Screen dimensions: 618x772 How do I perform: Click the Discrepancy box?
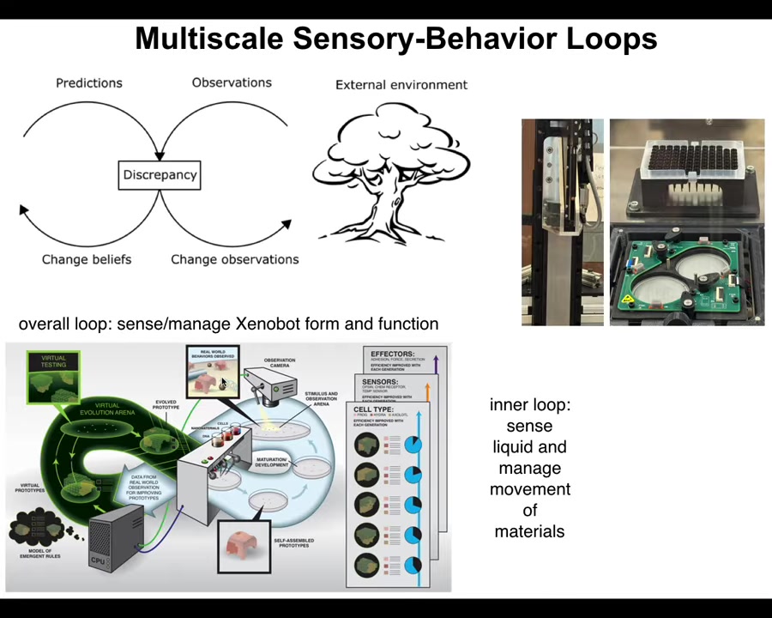click(x=160, y=175)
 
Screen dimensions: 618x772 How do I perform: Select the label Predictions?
click(x=89, y=83)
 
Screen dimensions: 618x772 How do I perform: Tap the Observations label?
click(x=232, y=82)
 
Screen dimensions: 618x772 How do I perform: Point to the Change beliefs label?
click(x=87, y=259)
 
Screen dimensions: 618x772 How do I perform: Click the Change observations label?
click(x=234, y=259)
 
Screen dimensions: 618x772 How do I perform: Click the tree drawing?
click(x=390, y=172)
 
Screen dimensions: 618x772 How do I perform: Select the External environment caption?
click(x=401, y=85)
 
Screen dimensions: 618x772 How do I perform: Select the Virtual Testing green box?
click(x=53, y=376)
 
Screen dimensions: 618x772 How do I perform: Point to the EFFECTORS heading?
click(x=393, y=354)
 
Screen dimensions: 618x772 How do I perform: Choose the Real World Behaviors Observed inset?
click(x=212, y=371)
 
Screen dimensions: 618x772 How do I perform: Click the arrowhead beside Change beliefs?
click(x=23, y=209)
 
